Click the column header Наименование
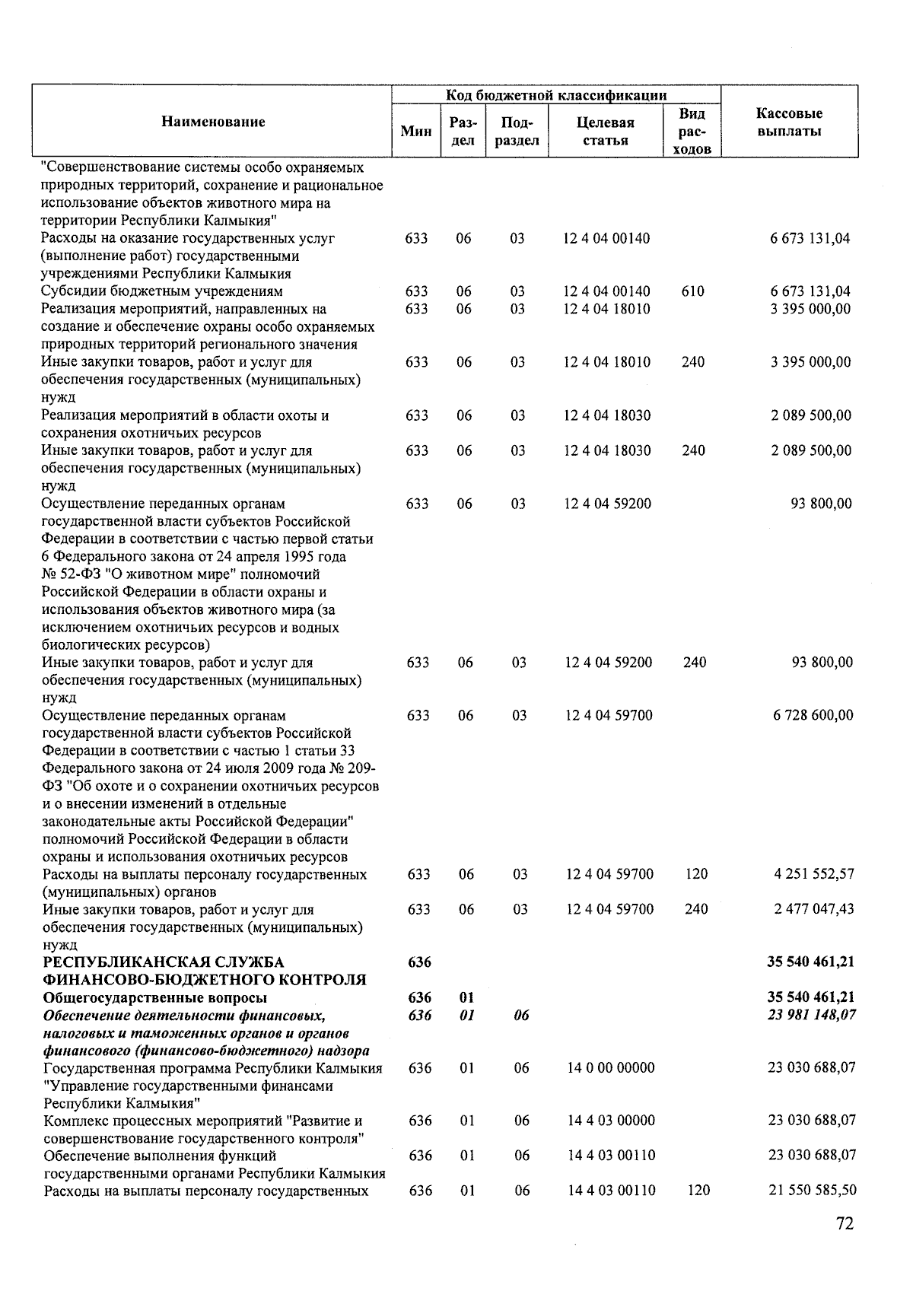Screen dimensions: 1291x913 click(x=213, y=122)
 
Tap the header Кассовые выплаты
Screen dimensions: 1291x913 click(x=789, y=122)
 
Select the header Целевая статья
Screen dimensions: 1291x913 click(x=606, y=131)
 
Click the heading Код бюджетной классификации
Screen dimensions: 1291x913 click(x=556, y=95)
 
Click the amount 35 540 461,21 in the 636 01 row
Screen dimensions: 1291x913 click(x=811, y=997)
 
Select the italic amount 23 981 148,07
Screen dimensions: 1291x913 click(x=811, y=1014)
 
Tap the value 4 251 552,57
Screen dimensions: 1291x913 click(x=813, y=873)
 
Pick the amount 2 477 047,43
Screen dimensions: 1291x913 click(x=813, y=908)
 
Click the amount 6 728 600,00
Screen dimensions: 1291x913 click(x=813, y=714)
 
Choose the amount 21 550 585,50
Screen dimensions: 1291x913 click(x=811, y=1190)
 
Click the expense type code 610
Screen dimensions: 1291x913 click(x=693, y=291)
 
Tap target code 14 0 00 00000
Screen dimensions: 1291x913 click(x=611, y=1067)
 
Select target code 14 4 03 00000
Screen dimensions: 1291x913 click(x=611, y=1120)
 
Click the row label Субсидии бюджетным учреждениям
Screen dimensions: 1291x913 click(x=162, y=291)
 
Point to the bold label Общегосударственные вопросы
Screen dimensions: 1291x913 click(x=155, y=997)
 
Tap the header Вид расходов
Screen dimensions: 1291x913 click(x=692, y=131)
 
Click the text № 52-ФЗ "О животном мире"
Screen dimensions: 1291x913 click(x=181, y=574)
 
